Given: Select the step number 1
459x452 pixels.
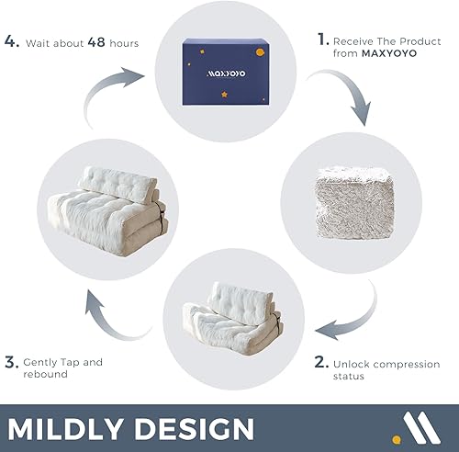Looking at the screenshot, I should (322, 40).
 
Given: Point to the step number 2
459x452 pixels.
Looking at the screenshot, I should (320, 363).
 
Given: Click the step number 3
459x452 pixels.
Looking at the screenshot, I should (11, 364).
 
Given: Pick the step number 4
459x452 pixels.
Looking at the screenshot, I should (11, 41).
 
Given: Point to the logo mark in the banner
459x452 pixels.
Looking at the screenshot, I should (416, 427).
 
